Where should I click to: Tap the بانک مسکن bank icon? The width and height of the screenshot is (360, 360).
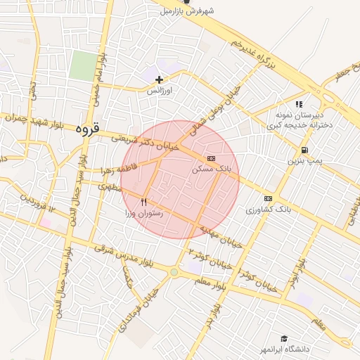[x=211, y=159]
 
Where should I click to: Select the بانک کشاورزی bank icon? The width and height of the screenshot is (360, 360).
[x=268, y=199]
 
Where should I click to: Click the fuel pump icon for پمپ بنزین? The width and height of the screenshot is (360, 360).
[x=304, y=150]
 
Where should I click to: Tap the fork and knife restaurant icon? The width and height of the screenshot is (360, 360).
[x=144, y=201]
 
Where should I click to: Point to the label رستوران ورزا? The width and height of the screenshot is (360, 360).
[x=144, y=212]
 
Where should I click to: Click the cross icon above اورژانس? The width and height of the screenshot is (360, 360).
[x=160, y=80]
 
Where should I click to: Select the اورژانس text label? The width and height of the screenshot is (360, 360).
[x=160, y=91]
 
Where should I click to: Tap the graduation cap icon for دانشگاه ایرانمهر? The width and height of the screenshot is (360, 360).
[x=284, y=339]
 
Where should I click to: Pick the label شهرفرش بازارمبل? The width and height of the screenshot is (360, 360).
[x=186, y=11]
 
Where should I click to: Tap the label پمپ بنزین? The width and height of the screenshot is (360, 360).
[x=304, y=161]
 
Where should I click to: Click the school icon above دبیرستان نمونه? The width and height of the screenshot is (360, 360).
[x=299, y=104]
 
